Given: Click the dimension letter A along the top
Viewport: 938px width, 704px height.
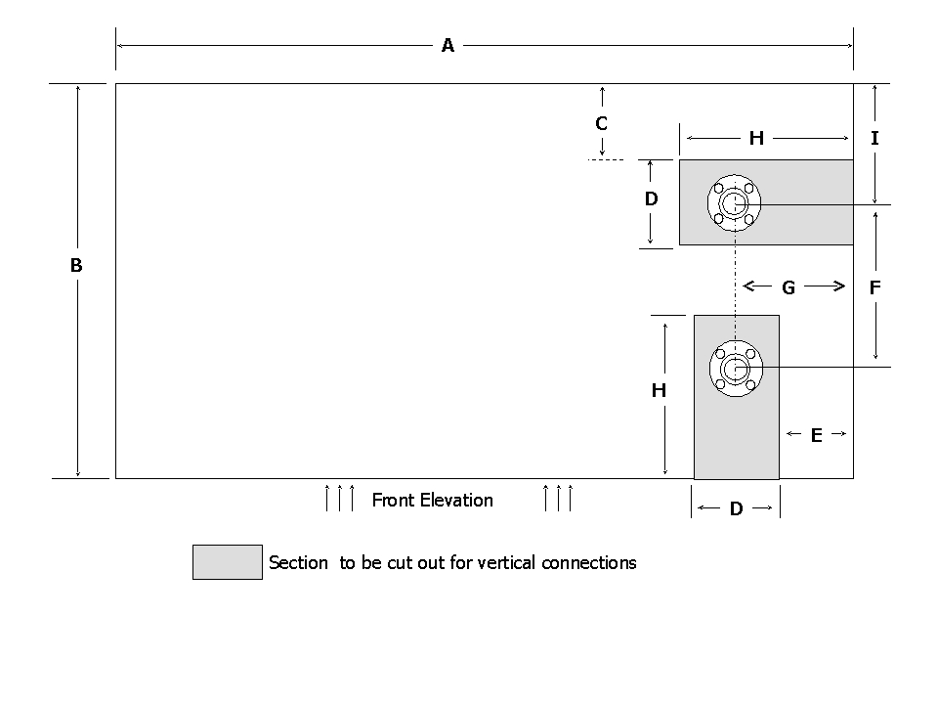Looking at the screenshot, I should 448,45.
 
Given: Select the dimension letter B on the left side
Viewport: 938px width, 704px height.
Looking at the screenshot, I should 76,265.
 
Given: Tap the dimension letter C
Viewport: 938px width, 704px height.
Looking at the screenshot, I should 602,124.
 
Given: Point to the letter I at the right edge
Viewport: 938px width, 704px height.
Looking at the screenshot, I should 874,139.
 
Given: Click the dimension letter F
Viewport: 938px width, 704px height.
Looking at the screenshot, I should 874,287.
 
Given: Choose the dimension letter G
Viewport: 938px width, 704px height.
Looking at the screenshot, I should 789,287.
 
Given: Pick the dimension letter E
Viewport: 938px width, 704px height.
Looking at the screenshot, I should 817,436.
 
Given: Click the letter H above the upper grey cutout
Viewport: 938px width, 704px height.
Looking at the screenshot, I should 756,139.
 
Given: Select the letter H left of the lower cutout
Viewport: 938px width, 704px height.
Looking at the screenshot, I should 659,391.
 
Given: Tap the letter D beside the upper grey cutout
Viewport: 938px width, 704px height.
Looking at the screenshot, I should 651,199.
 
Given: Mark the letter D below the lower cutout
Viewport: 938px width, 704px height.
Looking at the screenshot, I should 737,509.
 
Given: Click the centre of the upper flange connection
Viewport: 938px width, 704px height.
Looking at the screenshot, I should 734,203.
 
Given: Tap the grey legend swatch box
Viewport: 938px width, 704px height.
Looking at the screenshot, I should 228,562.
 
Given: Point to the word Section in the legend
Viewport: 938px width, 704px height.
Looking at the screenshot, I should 298,563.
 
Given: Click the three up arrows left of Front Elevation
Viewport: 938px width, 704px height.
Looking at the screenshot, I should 339,497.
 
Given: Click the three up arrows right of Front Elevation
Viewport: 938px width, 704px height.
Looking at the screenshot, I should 557,497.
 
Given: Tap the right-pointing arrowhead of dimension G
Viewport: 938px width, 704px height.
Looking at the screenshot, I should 839,286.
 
